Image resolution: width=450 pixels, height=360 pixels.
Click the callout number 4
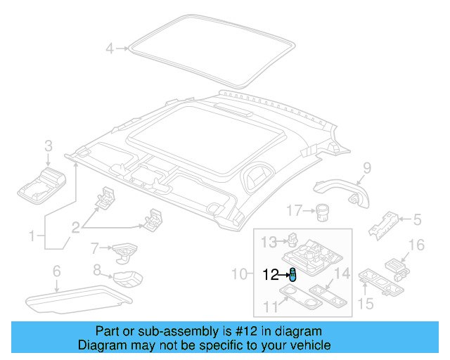[109, 49]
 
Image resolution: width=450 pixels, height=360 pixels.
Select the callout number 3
[49, 146]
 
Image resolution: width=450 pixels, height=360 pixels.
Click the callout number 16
[417, 245]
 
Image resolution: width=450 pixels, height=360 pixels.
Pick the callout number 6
[57, 271]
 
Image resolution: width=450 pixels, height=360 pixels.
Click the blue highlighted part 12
[292, 275]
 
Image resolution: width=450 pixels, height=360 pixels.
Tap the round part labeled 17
[323, 210]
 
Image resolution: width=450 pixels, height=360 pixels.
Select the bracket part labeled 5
[383, 224]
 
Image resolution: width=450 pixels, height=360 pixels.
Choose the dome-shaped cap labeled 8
[127, 278]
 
